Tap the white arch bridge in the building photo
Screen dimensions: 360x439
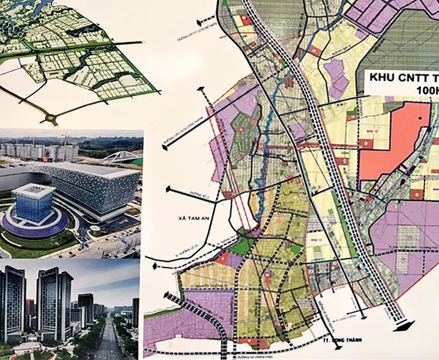[x=122, y=157]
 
